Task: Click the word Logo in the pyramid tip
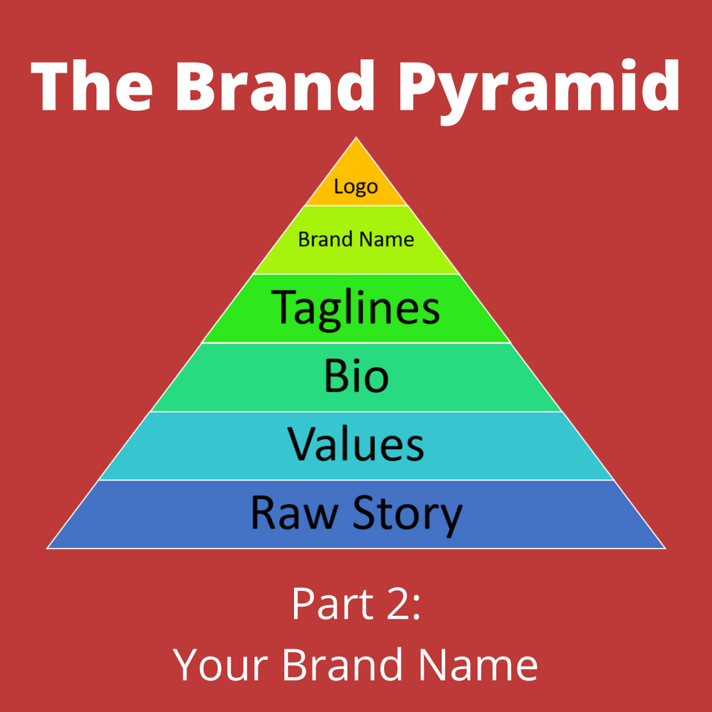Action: click(x=356, y=187)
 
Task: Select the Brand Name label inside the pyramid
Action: click(x=356, y=239)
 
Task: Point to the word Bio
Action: click(x=357, y=375)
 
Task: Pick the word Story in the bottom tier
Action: click(x=408, y=516)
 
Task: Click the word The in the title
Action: click(x=91, y=86)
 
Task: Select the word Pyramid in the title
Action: click(x=539, y=92)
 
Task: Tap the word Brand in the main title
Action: click(x=275, y=85)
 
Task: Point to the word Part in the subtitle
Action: click(x=333, y=604)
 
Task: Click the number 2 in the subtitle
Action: click(x=397, y=603)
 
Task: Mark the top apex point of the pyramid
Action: click(x=356, y=137)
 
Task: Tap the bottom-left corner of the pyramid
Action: click(x=47, y=548)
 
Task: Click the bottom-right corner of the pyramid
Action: click(x=666, y=548)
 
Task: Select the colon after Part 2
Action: click(x=416, y=608)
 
